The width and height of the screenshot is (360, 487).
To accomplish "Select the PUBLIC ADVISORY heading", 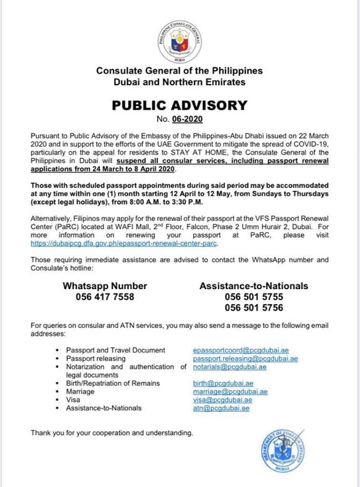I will coord(180,106).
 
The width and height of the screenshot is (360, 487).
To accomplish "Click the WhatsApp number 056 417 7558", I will coord(105,297).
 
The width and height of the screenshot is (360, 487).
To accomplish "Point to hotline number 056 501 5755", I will coord(253,297).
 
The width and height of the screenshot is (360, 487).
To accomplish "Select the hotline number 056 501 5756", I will coord(253,307).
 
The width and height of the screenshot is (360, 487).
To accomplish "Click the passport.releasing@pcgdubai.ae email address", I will coord(245,359).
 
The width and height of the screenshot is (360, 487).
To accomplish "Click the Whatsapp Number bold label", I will coord(105,286).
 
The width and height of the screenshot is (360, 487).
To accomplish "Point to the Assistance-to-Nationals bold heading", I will coord(253,286).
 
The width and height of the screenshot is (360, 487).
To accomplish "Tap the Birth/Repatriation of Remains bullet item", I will coord(113,383).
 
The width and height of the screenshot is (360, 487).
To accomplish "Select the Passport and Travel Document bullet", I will coord(116,350).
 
